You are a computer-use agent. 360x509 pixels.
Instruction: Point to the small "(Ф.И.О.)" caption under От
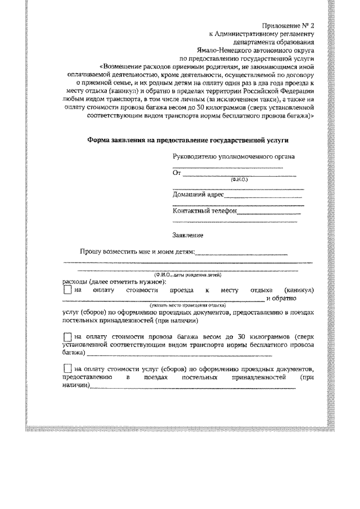pos(239,180)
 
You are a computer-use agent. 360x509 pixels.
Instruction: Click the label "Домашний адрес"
pos(199,195)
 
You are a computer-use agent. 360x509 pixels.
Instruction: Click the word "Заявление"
pos(188,235)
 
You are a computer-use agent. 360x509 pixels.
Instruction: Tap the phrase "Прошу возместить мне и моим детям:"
pos(138,253)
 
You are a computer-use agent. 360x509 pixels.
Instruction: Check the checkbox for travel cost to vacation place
pos(67,290)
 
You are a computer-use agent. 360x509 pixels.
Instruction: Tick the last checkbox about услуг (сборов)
pos(67,369)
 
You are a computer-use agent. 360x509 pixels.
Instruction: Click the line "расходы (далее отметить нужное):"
pos(112,281)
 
